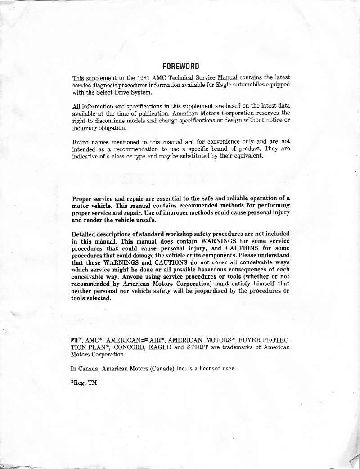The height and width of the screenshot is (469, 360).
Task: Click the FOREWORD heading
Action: click(x=180, y=66)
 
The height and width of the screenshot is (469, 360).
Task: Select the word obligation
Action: click(x=112, y=127)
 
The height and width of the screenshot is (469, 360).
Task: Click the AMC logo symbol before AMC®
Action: click(x=77, y=340)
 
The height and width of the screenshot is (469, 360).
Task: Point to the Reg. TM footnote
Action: click(x=84, y=383)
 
